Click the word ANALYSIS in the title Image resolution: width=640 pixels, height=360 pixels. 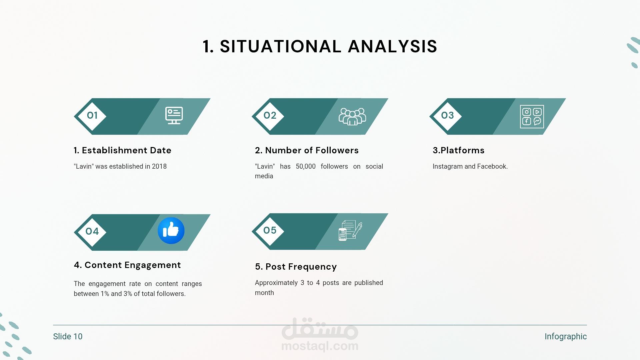click(392, 46)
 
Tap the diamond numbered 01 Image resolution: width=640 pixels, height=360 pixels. click(92, 116)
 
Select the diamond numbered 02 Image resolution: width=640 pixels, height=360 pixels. click(270, 116)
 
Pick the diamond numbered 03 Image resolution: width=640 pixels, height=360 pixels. click(447, 116)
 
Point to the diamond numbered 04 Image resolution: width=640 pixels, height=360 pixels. click(92, 232)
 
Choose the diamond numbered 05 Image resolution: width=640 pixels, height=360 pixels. click(270, 231)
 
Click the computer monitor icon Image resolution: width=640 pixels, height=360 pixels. click(174, 116)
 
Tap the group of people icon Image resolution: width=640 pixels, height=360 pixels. click(352, 116)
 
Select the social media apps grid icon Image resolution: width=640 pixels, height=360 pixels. click(532, 117)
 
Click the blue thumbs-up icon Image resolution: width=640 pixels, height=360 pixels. click(171, 231)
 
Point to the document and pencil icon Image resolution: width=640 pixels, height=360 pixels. click(350, 230)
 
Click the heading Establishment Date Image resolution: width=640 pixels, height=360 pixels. click(127, 150)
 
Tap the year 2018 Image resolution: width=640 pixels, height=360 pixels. click(159, 166)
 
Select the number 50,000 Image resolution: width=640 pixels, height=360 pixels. click(306, 166)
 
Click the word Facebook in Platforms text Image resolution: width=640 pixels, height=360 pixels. click(492, 166)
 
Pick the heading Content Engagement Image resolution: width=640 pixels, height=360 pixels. click(133, 265)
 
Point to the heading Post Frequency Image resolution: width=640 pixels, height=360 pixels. click(301, 267)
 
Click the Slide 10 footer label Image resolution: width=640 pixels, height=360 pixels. click(68, 337)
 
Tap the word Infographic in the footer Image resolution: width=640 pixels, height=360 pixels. click(566, 337)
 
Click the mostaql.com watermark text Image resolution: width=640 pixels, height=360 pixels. click(320, 346)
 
